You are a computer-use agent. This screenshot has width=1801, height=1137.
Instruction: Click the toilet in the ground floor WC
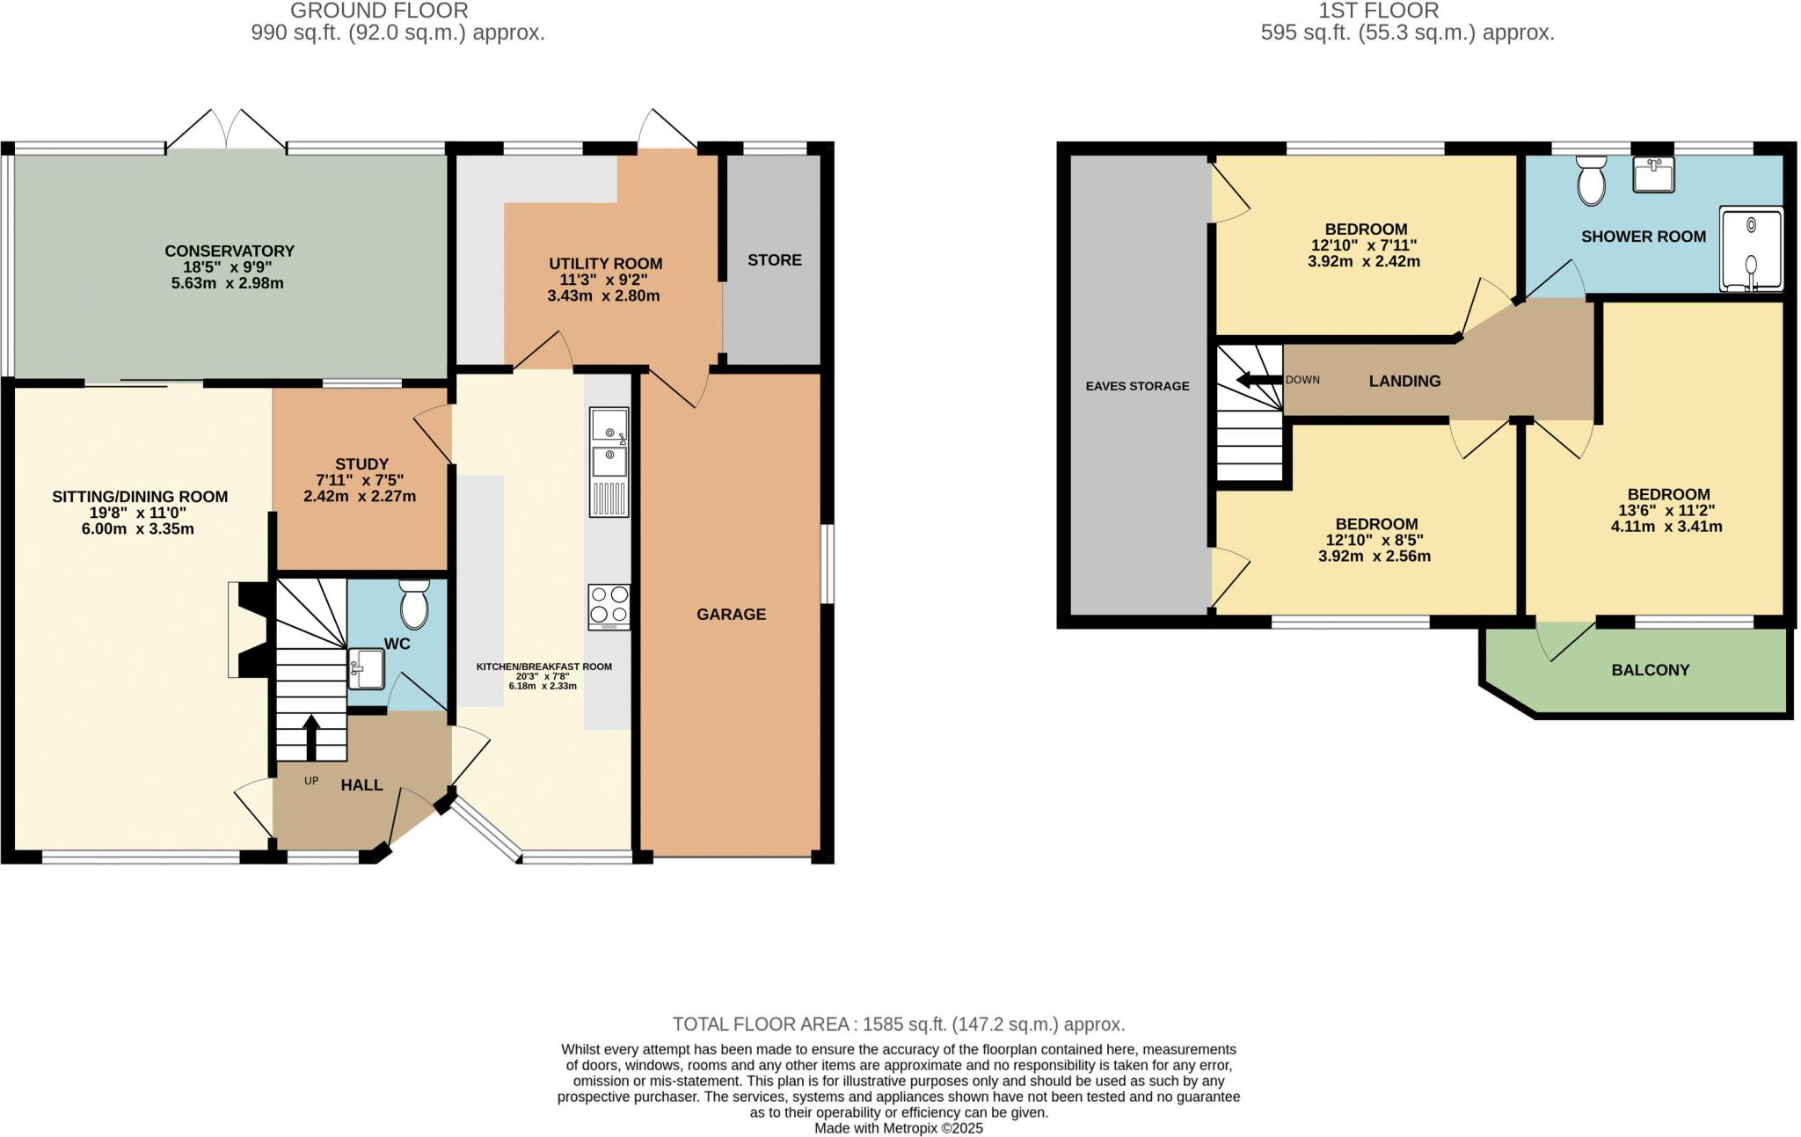point(413,603)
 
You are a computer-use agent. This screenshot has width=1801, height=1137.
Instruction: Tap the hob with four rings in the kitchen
point(609,605)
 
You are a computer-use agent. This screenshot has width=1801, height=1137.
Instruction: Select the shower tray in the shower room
point(1751,249)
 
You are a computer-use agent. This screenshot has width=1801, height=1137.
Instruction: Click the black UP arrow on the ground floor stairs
point(311,737)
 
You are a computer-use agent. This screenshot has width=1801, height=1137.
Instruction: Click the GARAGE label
point(731,615)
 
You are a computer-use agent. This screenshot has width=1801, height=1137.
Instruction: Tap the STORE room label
point(775,260)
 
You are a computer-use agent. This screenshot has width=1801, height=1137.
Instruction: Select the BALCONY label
point(1651,670)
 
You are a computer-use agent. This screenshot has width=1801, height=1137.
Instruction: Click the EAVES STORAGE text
point(1137,386)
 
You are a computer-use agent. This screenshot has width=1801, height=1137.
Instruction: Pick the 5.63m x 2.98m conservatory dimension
point(229,283)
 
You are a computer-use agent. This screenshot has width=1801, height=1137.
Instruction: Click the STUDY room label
point(361,464)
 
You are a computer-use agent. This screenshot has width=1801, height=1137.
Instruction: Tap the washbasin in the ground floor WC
point(366,668)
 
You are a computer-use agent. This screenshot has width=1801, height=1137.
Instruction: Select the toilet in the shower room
point(1592,181)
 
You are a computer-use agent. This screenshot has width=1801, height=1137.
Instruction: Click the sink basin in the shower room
point(1653,174)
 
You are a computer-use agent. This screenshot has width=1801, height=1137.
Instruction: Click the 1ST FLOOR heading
point(1407,11)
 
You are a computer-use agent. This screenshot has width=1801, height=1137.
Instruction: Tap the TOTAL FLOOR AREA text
point(899,1024)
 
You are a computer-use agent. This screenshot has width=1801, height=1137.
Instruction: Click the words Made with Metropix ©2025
point(899,1128)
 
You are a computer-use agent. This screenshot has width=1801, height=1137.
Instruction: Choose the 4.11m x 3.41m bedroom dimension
point(1666,527)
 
